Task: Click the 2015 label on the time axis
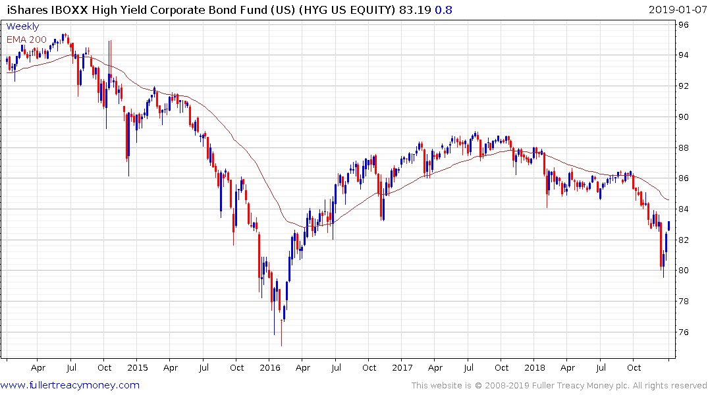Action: [138, 367]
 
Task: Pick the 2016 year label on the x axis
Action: [270, 367]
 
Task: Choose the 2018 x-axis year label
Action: [535, 367]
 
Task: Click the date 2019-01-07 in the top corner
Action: [676, 10]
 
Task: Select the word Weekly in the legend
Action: [22, 27]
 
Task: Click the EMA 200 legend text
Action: [26, 39]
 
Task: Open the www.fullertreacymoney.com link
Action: [70, 385]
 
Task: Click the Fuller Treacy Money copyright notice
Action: [559, 385]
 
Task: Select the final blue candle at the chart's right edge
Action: [669, 226]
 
